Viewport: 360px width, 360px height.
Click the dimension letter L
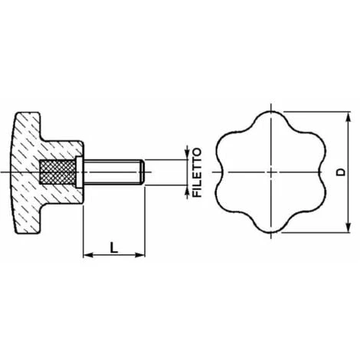[x=113, y=247]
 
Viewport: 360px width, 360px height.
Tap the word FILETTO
[x=197, y=172]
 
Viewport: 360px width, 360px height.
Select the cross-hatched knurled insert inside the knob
[x=57, y=172]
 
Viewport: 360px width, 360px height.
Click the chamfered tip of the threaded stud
[x=142, y=172]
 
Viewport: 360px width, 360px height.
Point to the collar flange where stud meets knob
[x=79, y=172]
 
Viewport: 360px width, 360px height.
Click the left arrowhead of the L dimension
[x=88, y=255]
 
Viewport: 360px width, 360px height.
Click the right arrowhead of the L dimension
[x=140, y=255]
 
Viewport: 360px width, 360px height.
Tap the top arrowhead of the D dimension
[x=348, y=117]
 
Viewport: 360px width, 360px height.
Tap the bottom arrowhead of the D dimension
[x=348, y=227]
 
